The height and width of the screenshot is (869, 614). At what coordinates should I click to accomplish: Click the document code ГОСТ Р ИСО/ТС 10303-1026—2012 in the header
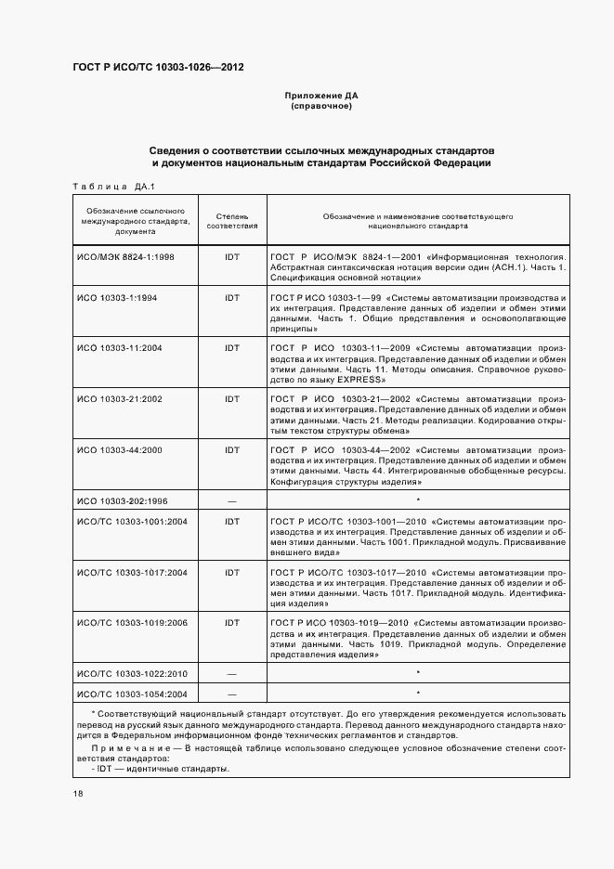[158, 68]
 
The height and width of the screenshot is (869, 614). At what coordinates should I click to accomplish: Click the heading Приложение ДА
[320, 96]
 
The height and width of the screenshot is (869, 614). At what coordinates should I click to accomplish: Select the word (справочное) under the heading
[320, 106]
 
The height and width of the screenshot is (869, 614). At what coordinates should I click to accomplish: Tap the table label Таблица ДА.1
[111, 187]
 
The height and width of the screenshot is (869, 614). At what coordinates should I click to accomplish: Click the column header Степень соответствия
[231, 220]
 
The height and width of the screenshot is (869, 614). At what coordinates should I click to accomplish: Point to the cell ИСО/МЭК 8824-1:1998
[125, 255]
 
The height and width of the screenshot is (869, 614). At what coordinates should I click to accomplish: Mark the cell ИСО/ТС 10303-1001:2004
[132, 522]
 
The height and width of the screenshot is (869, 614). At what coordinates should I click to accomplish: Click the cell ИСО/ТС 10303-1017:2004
[132, 572]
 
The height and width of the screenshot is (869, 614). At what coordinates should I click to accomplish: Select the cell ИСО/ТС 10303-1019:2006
[132, 623]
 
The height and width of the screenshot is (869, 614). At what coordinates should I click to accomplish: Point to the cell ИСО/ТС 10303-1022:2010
[132, 672]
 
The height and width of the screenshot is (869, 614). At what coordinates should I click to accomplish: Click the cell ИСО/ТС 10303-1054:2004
[132, 694]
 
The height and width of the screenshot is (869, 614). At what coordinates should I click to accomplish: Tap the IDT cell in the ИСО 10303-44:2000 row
[231, 449]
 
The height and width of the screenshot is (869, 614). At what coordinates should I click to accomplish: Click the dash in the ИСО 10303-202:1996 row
[231, 500]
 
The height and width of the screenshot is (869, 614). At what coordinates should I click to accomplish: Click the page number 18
[78, 794]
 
